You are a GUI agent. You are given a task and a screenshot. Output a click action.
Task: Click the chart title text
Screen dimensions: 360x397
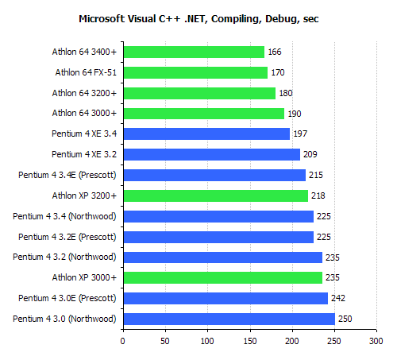click(x=198, y=17)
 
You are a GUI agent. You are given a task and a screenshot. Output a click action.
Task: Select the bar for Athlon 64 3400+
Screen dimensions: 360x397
click(x=194, y=52)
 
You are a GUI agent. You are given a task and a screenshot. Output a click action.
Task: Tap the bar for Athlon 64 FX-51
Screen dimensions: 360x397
click(x=195, y=72)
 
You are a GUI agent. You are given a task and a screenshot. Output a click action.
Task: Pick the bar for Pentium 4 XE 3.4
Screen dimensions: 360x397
click(x=206, y=134)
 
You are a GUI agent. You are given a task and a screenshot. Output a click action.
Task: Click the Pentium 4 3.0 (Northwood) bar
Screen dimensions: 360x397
click(x=229, y=319)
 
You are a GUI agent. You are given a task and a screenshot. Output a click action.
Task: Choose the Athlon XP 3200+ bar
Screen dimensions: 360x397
click(x=215, y=195)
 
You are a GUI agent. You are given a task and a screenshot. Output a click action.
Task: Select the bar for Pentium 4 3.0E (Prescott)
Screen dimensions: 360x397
click(x=225, y=298)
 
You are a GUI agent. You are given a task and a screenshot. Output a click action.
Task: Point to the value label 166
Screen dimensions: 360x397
click(x=276, y=52)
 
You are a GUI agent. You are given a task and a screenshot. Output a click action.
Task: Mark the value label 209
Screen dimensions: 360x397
click(x=311, y=154)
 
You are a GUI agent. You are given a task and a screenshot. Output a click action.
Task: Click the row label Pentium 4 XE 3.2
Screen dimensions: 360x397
click(x=84, y=154)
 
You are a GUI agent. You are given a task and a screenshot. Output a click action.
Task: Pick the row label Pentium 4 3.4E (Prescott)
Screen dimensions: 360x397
click(x=67, y=175)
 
